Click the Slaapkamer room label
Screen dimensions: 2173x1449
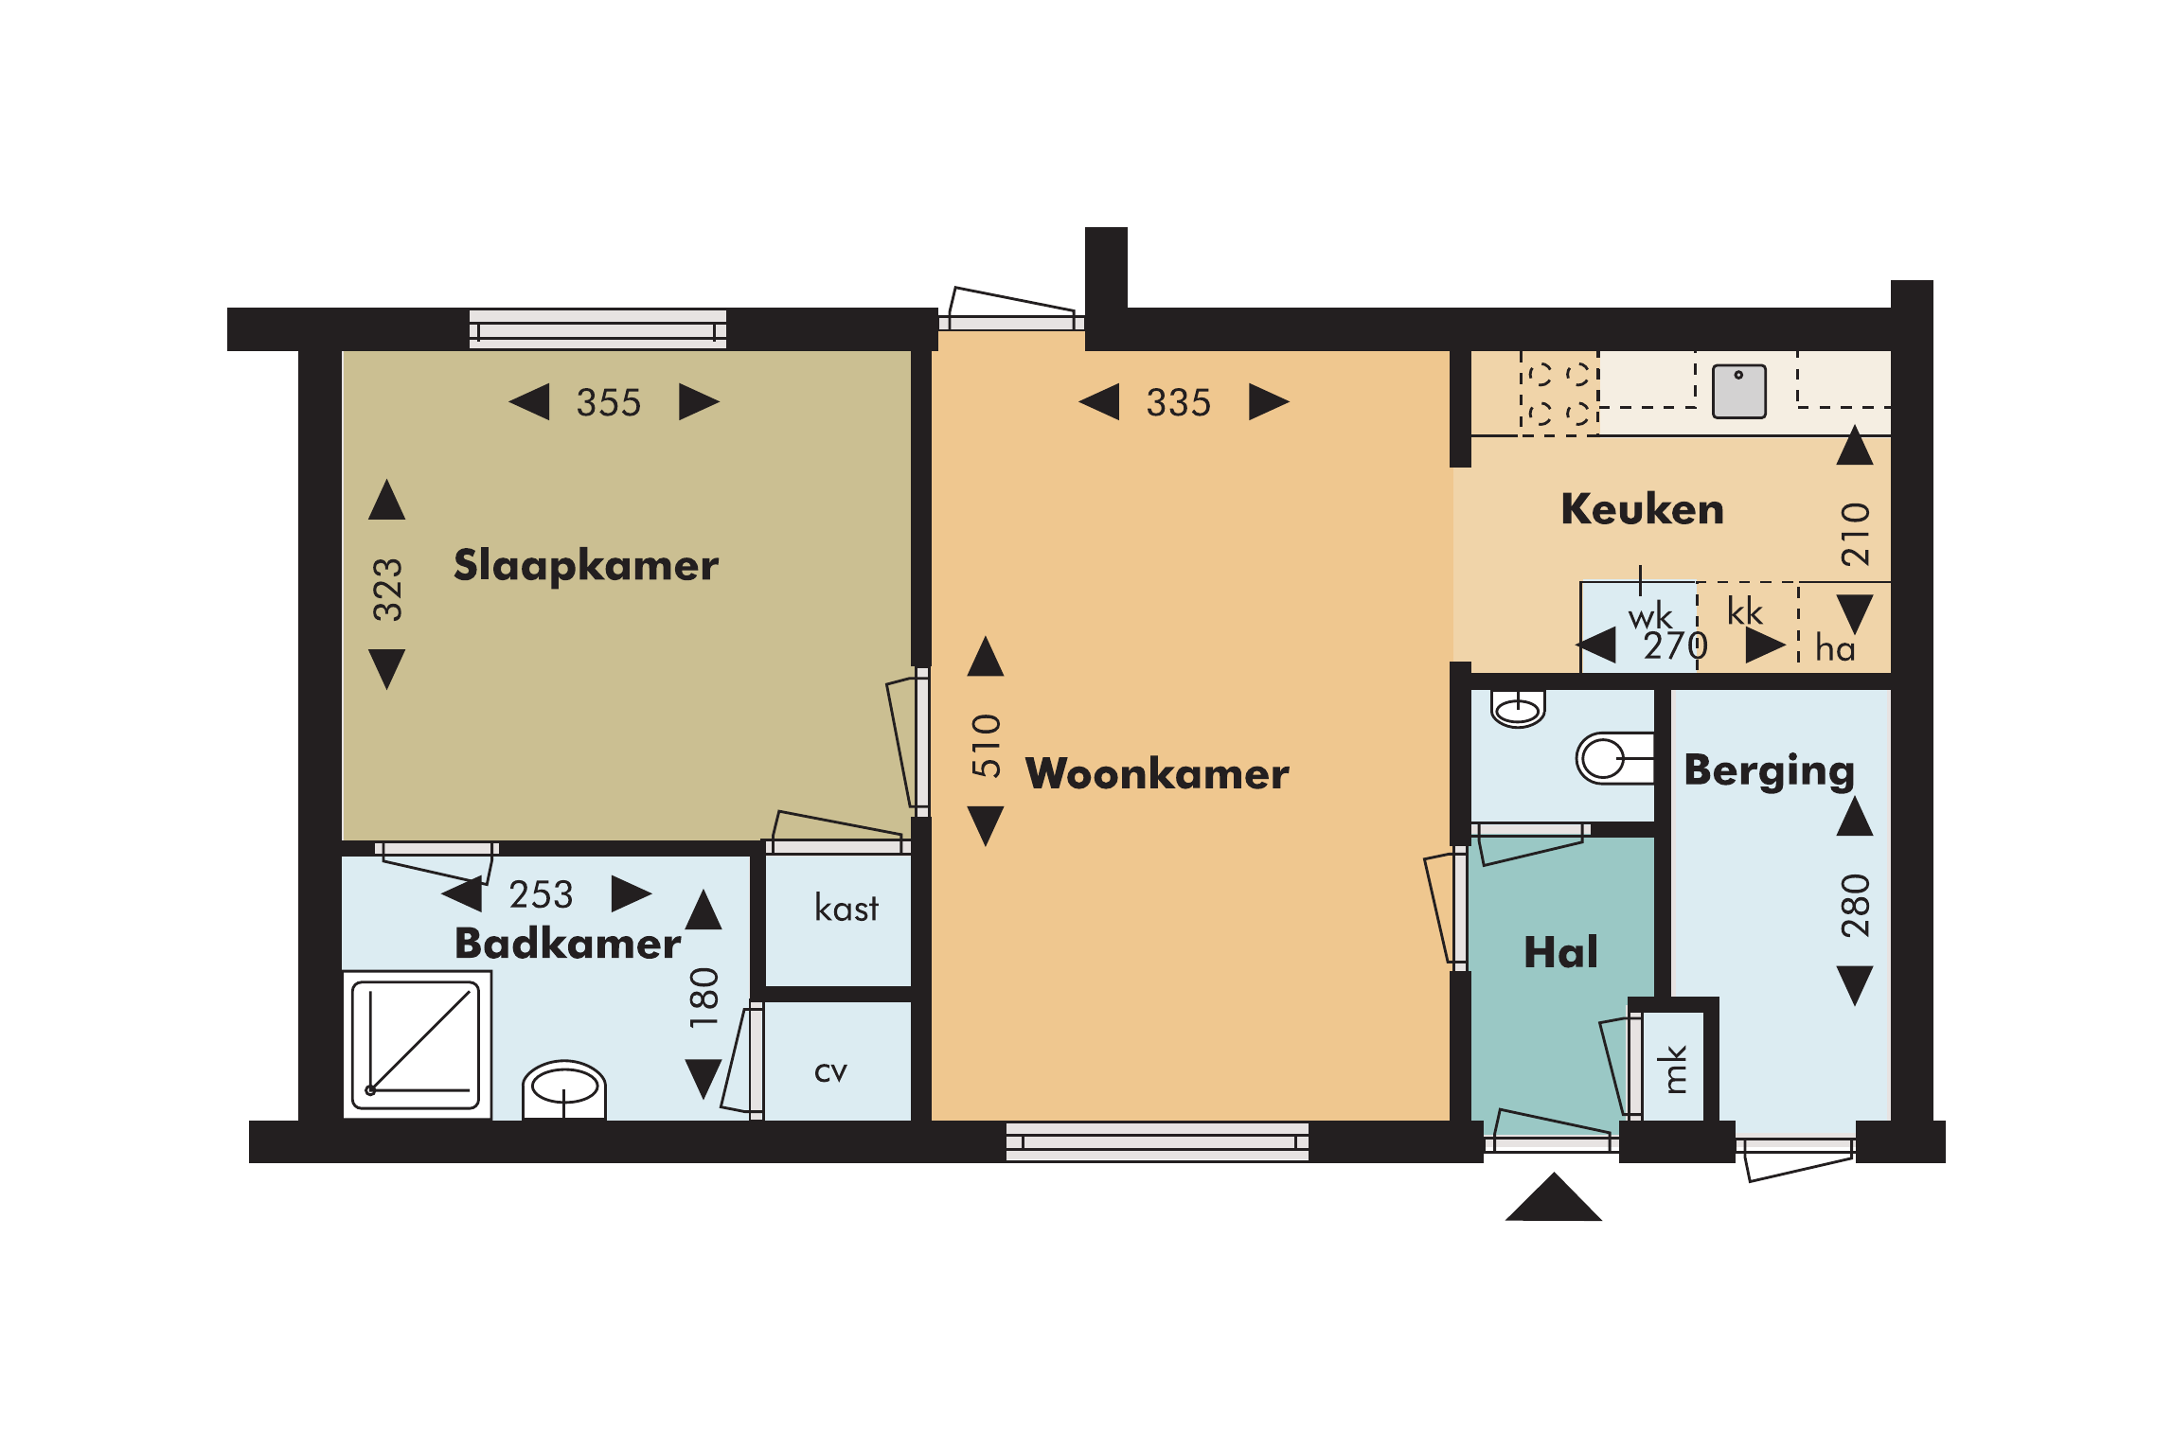(586, 565)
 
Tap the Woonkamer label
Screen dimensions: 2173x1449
(1157, 773)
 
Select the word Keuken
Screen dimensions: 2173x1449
(1642, 509)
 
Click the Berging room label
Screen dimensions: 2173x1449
(1769, 771)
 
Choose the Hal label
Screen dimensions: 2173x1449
(1560, 951)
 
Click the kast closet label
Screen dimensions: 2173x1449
(846, 908)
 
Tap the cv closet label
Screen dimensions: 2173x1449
(830, 1072)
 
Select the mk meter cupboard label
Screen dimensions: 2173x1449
(1675, 1069)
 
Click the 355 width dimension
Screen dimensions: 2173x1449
(609, 402)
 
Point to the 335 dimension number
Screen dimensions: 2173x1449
(1178, 402)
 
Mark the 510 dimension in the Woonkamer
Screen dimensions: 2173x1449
(986, 746)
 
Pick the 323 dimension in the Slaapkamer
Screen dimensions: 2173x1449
(387, 589)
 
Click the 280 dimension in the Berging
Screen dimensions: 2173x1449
(1855, 906)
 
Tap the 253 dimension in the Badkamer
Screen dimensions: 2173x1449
(541, 894)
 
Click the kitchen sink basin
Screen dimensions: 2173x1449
(1739, 391)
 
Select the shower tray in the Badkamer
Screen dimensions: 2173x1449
(417, 1045)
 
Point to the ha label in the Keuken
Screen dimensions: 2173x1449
(1835, 648)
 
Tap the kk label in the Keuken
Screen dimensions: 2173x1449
(1744, 611)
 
